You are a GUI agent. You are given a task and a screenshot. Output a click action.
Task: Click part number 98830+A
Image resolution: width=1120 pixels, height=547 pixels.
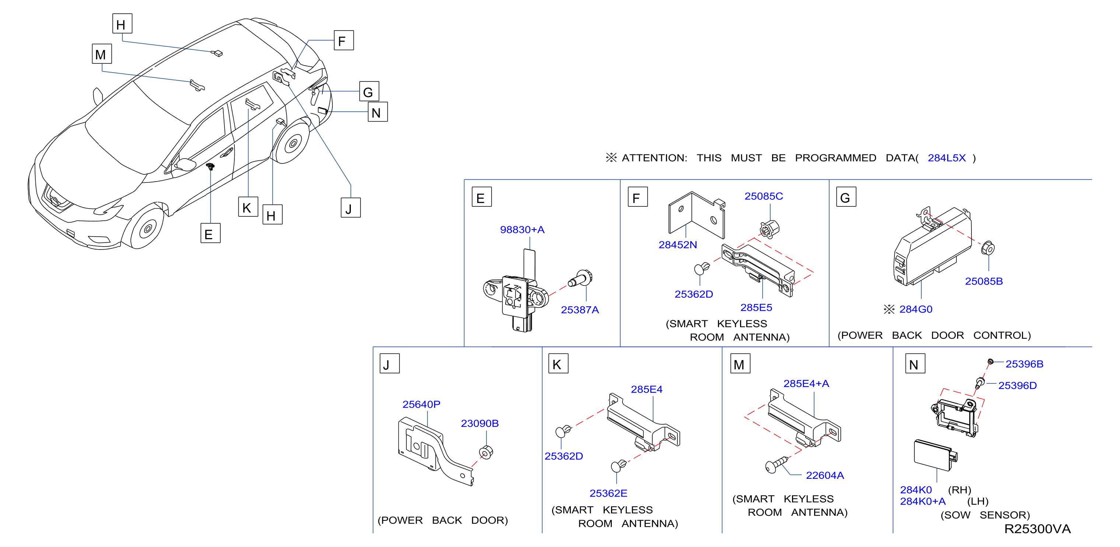click(522, 230)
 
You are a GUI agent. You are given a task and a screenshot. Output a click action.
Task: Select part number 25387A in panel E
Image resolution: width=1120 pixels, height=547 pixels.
click(580, 310)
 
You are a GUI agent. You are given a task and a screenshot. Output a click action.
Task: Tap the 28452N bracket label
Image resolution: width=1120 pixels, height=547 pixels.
click(677, 245)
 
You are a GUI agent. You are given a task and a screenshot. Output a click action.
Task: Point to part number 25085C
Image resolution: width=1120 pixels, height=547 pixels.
click(764, 196)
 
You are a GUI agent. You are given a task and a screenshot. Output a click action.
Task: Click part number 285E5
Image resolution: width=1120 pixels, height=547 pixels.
click(756, 307)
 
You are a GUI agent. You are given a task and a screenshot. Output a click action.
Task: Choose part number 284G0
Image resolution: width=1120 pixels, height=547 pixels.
click(916, 309)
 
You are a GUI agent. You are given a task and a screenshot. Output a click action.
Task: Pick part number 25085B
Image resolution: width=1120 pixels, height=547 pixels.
click(984, 281)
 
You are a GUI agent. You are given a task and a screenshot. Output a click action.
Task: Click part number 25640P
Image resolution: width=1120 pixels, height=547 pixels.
click(421, 404)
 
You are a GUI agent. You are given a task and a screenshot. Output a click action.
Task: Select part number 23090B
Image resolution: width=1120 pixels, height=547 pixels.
click(479, 424)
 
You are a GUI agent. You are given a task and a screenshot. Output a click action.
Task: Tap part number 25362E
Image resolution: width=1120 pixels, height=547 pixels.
click(608, 493)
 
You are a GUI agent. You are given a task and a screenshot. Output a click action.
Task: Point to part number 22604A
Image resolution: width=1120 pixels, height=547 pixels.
click(825, 475)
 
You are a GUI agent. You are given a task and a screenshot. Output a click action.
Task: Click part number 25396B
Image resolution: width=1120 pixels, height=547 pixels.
click(1024, 364)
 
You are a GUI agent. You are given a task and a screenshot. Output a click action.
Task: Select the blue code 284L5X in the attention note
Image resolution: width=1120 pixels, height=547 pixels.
click(946, 158)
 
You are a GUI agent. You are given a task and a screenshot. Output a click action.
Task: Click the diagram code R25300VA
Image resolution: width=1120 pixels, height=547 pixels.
click(1037, 529)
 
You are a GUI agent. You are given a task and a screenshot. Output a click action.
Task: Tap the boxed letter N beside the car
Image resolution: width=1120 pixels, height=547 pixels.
click(377, 112)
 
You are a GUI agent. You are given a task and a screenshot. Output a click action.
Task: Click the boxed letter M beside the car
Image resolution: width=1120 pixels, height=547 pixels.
click(102, 54)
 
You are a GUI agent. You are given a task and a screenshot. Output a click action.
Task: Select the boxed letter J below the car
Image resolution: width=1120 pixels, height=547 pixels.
click(350, 208)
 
